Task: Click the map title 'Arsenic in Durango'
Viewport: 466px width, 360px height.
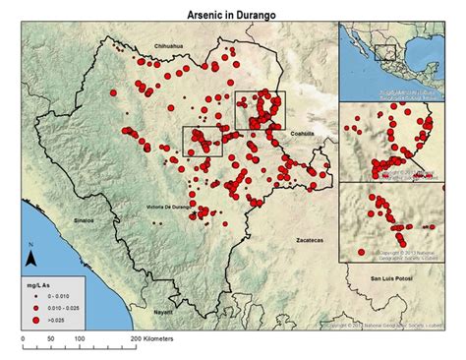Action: pos(232,16)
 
